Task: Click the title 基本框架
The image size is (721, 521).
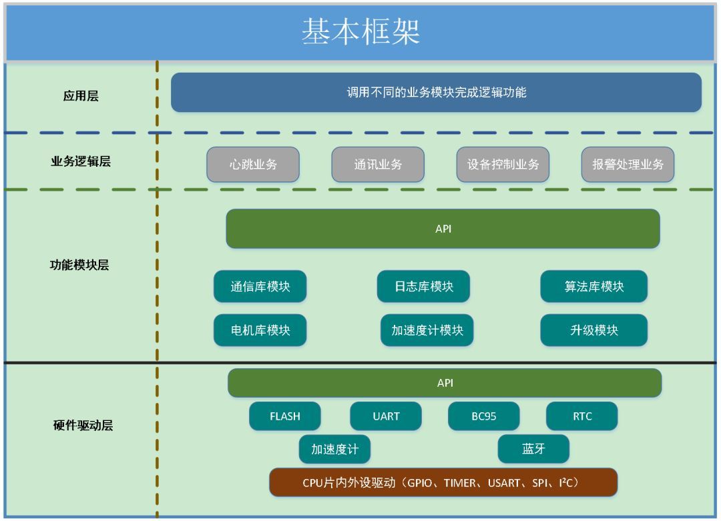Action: pos(360,32)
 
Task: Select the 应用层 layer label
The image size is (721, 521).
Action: pos(81,96)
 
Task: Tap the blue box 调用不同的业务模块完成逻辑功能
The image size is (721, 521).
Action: pos(436,93)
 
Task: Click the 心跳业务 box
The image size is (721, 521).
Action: pos(253,164)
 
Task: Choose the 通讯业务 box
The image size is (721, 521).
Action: pos(378,164)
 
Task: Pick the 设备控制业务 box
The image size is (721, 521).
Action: pos(503,164)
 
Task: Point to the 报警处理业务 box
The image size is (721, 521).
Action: pos(628,164)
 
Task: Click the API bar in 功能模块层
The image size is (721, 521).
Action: pos(443,229)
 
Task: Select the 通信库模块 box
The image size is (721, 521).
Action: pos(260,287)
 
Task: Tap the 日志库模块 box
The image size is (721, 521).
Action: pos(423,287)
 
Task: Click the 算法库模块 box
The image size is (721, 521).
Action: pos(593,287)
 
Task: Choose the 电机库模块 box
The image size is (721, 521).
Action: pos(260,330)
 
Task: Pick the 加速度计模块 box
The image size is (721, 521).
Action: pos(427,330)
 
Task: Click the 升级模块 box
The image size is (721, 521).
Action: pos(593,330)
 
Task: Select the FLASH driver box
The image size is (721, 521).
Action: pos(285,416)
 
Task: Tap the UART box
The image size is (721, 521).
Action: pos(386,416)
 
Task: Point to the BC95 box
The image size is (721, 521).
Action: pos(483,416)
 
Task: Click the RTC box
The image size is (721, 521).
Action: pos(581,416)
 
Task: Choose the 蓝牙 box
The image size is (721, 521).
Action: pos(533,449)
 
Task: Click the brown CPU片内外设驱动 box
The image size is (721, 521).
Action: pos(443,482)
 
